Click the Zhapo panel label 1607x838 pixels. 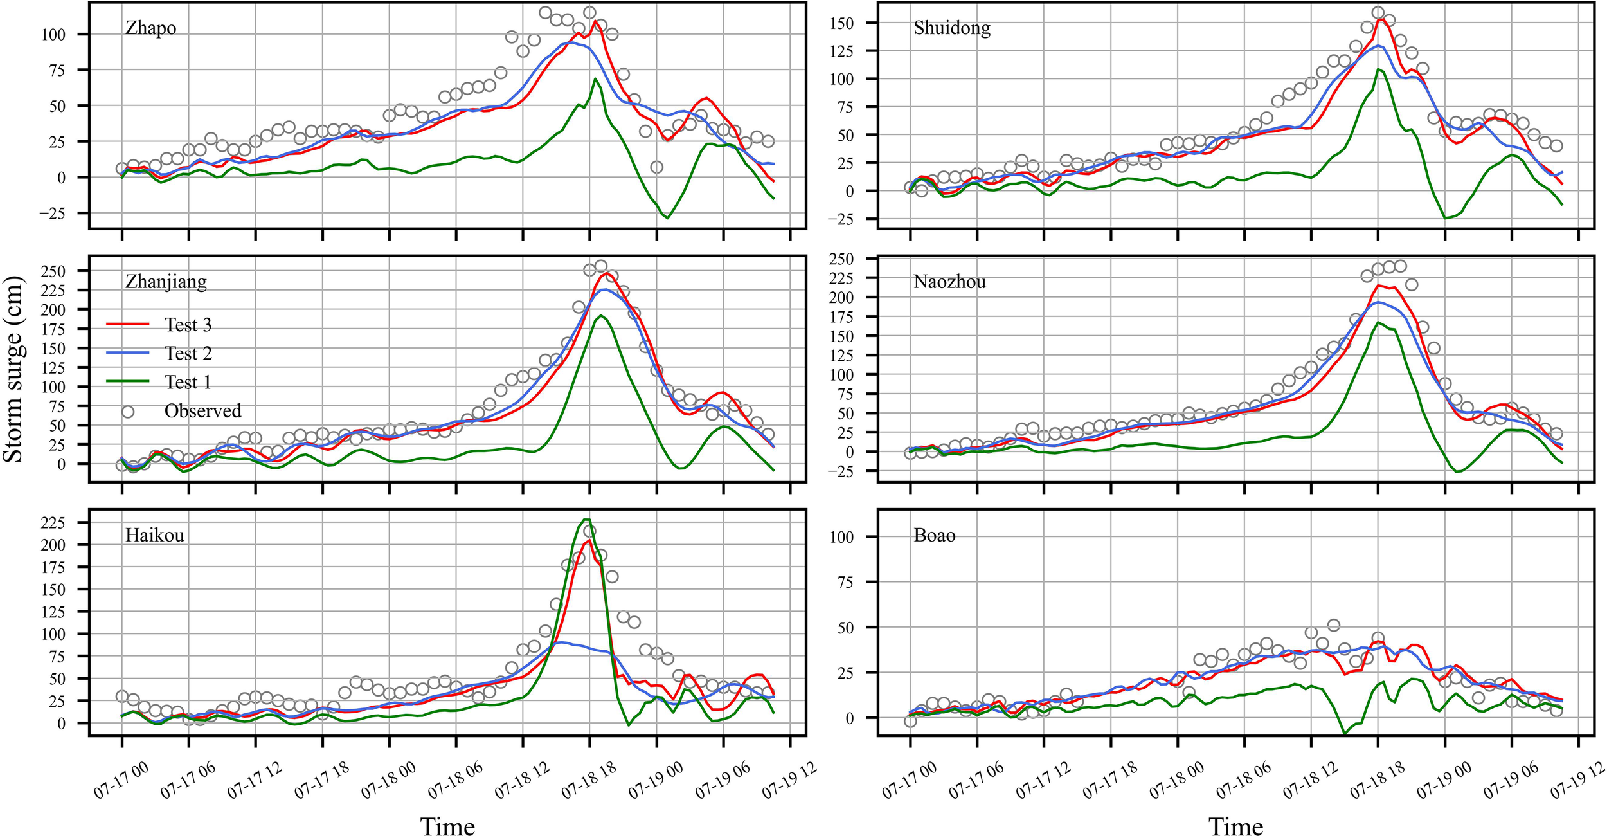150,29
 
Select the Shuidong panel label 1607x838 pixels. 951,29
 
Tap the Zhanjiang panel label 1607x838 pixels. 166,282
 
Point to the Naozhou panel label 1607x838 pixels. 949,282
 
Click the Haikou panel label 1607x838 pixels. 155,536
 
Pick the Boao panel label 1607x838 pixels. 934,536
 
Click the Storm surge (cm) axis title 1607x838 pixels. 13,369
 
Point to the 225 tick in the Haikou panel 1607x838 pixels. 53,523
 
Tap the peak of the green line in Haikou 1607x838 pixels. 586,520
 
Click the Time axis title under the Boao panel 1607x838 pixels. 1235,826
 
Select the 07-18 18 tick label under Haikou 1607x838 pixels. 588,781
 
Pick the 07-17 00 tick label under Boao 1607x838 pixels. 908,781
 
